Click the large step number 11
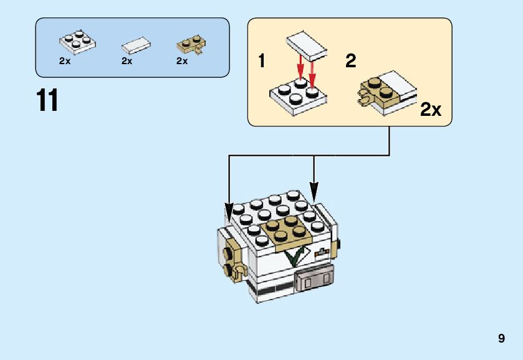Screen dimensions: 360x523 (48, 101)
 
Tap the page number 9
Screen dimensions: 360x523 (501, 339)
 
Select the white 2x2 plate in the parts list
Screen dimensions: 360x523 (78, 41)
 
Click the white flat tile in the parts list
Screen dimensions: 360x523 (137, 45)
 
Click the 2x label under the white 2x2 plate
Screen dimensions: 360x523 (65, 61)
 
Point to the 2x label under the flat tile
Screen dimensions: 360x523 (127, 61)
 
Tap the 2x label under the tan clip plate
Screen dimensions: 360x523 (182, 61)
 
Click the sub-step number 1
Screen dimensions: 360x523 (262, 61)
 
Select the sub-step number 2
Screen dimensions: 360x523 (350, 61)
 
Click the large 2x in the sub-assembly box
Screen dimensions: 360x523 (431, 110)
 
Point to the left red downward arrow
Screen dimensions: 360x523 (300, 66)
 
